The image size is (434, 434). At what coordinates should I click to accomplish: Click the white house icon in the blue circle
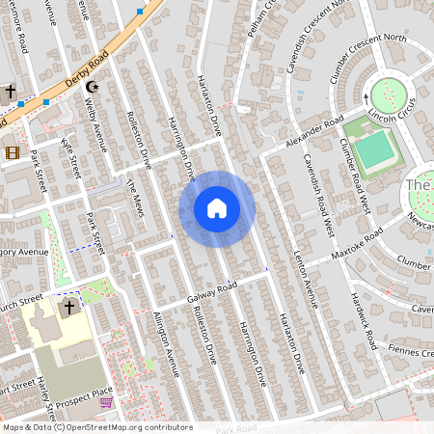pos(217,208)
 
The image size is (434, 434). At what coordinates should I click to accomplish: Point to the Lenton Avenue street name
pos(306,279)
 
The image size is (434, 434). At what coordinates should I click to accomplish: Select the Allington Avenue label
pos(166,343)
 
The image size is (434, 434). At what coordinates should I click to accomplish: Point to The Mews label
pos(135,196)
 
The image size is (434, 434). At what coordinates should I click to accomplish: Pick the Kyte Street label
pos(71,155)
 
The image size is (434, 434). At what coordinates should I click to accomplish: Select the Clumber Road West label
pos(355,175)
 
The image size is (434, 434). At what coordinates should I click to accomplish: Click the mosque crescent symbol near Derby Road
pos(93,88)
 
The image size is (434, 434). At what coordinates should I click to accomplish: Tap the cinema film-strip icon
pos(12,152)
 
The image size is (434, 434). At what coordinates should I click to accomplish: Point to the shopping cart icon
pos(106,401)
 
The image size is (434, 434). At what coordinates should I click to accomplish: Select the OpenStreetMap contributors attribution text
pos(97,427)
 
